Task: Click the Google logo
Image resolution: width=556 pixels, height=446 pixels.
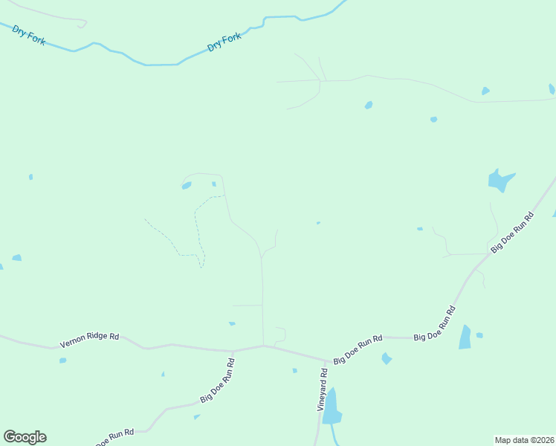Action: pyautogui.click(x=25, y=437)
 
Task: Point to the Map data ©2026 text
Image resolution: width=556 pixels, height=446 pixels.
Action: pyautogui.click(x=524, y=439)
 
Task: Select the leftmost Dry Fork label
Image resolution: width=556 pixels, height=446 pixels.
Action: pyautogui.click(x=29, y=34)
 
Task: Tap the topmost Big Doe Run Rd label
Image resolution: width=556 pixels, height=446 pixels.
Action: pyautogui.click(x=512, y=231)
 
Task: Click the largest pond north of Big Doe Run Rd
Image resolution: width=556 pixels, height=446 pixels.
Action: pyautogui.click(x=500, y=179)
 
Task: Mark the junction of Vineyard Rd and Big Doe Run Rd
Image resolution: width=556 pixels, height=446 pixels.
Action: pyautogui.click(x=325, y=361)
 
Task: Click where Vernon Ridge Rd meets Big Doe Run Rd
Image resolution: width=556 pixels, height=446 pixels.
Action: pyautogui.click(x=233, y=351)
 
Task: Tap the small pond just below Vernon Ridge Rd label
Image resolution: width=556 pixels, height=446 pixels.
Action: pyautogui.click(x=63, y=361)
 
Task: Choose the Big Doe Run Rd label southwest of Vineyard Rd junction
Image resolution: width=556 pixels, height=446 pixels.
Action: pyautogui.click(x=218, y=380)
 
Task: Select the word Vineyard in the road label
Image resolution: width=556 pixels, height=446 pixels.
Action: pyautogui.click(x=322, y=395)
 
